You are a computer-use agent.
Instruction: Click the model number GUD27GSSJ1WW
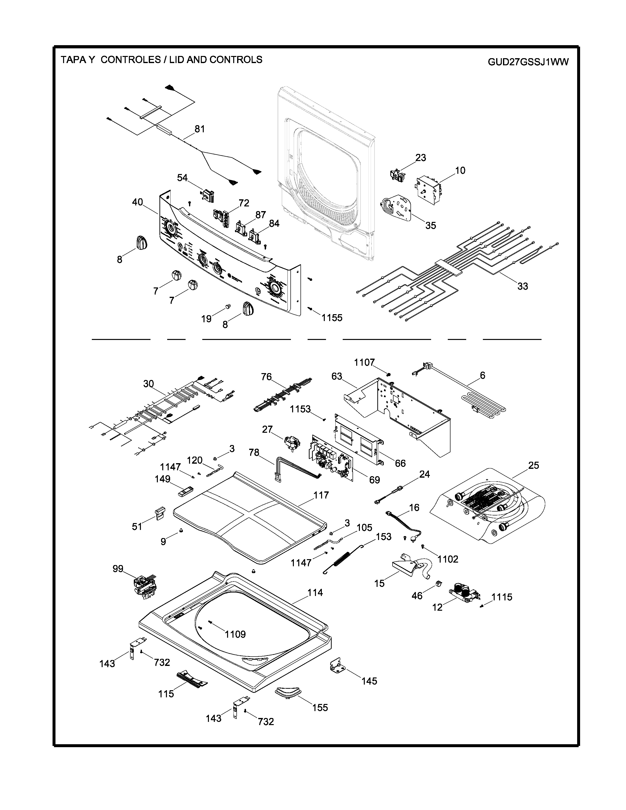[x=528, y=62]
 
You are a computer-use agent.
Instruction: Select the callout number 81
[x=200, y=129]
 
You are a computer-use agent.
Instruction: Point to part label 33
[x=523, y=286]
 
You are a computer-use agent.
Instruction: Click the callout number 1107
[x=364, y=362]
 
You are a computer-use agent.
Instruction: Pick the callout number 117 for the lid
[x=321, y=495]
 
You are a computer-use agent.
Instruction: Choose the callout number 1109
[x=235, y=634]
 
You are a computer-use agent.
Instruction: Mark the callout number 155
[x=320, y=707]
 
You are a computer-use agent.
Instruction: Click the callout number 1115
[x=502, y=597]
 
